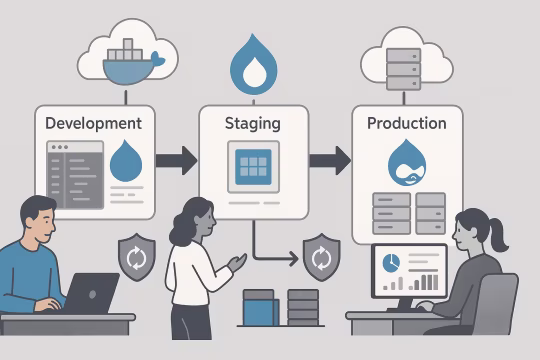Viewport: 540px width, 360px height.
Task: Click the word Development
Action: [94, 124]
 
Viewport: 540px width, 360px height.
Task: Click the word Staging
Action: [253, 125]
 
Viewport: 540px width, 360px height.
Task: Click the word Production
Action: [406, 124]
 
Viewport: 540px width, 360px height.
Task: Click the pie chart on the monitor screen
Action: [390, 261]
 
